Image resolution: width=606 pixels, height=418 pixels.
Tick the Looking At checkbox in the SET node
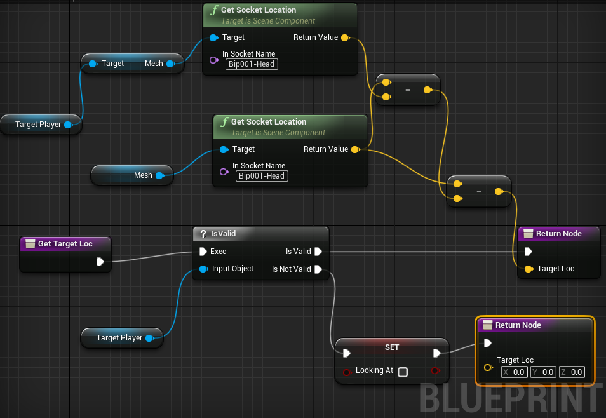[403, 372]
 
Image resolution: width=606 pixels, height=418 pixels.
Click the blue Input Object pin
[203, 269]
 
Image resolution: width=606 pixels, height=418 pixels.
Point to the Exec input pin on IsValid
[203, 252]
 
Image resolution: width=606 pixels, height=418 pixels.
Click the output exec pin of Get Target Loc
[100, 261]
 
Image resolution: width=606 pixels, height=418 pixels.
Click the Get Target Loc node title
[65, 244]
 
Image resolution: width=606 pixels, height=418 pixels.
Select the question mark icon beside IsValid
[203, 234]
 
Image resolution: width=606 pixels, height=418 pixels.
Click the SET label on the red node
[392, 347]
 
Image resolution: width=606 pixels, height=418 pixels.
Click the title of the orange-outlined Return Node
[518, 325]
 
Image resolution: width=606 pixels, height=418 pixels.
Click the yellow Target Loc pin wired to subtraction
[529, 269]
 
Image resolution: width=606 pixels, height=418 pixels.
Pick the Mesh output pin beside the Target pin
[170, 64]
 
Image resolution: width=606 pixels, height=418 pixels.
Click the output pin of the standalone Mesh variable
[159, 175]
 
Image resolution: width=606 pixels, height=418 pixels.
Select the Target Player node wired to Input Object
[119, 338]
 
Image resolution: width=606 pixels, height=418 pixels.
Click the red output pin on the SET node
[435, 370]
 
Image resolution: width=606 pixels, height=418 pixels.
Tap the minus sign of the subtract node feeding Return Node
[479, 191]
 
